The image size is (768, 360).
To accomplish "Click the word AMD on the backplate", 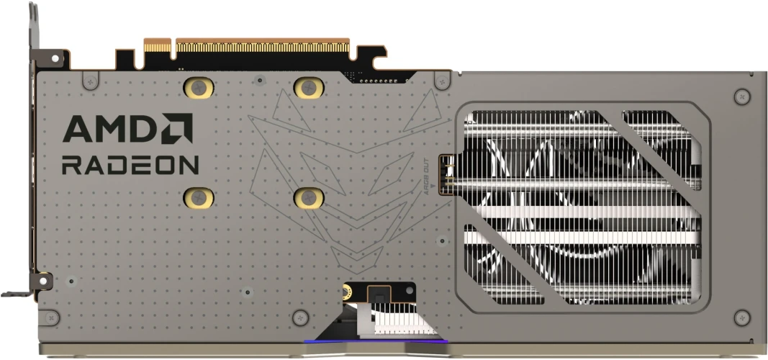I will coord(108,130).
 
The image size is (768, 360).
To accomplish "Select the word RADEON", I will coord(130,165).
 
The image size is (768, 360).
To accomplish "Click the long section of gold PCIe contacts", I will coord(262,45).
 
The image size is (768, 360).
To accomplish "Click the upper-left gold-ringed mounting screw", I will coord(199,88).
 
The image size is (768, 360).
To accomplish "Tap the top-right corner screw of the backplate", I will coord(742,95).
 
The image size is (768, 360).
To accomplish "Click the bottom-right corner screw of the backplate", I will coord(742,317).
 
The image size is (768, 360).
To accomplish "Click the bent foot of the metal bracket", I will coord(14,293).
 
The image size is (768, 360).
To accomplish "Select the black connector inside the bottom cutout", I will coord(377,294).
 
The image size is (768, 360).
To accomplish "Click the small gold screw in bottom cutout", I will coord(347,292).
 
